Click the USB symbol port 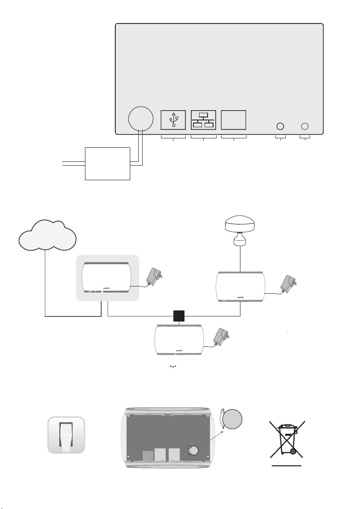(173, 120)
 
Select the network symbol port (203, 120)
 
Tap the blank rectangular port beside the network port (233, 120)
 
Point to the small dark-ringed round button (281, 126)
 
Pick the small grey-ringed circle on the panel (305, 126)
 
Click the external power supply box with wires (108, 164)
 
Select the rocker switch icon (66, 436)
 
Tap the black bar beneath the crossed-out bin (287, 465)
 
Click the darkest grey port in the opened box (147, 456)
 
